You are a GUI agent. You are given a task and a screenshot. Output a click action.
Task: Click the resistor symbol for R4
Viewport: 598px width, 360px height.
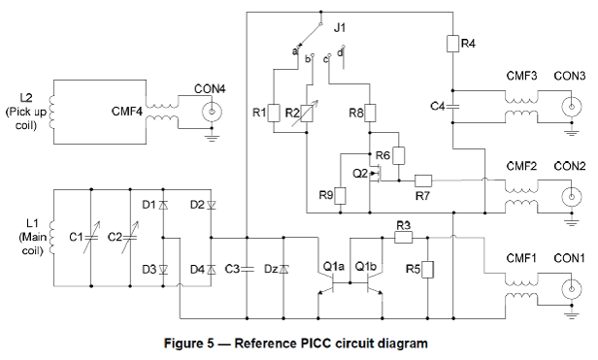(x=452, y=44)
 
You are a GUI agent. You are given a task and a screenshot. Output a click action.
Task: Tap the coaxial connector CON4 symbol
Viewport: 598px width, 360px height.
(x=212, y=113)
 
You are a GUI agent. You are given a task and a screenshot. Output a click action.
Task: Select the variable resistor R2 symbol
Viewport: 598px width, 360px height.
(x=306, y=113)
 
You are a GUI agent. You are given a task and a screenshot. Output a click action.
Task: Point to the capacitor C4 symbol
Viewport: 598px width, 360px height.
(x=452, y=107)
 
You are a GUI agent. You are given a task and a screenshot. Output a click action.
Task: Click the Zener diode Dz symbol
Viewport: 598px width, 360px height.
(x=283, y=270)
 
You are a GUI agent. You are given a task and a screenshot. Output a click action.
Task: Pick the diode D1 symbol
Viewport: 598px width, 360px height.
(x=163, y=205)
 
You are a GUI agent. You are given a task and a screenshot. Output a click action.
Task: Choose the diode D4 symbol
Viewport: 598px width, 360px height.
(x=212, y=270)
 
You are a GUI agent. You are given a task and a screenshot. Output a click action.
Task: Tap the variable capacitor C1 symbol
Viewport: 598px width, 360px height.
(x=91, y=238)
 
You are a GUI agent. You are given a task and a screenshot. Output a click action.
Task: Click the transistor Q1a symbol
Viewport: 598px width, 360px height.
(x=327, y=283)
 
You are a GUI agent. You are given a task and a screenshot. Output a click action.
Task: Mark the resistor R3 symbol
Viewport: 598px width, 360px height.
(x=403, y=238)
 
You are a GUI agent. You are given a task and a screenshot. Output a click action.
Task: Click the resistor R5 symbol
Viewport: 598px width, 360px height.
(x=427, y=270)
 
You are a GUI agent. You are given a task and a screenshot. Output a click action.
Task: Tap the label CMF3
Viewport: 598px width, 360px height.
(x=521, y=76)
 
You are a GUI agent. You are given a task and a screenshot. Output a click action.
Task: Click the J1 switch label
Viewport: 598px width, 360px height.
(x=340, y=28)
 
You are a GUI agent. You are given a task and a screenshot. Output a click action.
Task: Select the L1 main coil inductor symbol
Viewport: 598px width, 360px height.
(x=51, y=238)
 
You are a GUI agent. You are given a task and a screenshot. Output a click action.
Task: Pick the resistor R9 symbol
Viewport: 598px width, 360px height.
(x=340, y=196)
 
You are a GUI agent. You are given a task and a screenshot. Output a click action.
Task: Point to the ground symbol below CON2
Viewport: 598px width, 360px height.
(x=571, y=221)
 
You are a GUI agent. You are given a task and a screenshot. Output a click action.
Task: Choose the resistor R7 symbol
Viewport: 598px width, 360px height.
(x=423, y=180)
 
